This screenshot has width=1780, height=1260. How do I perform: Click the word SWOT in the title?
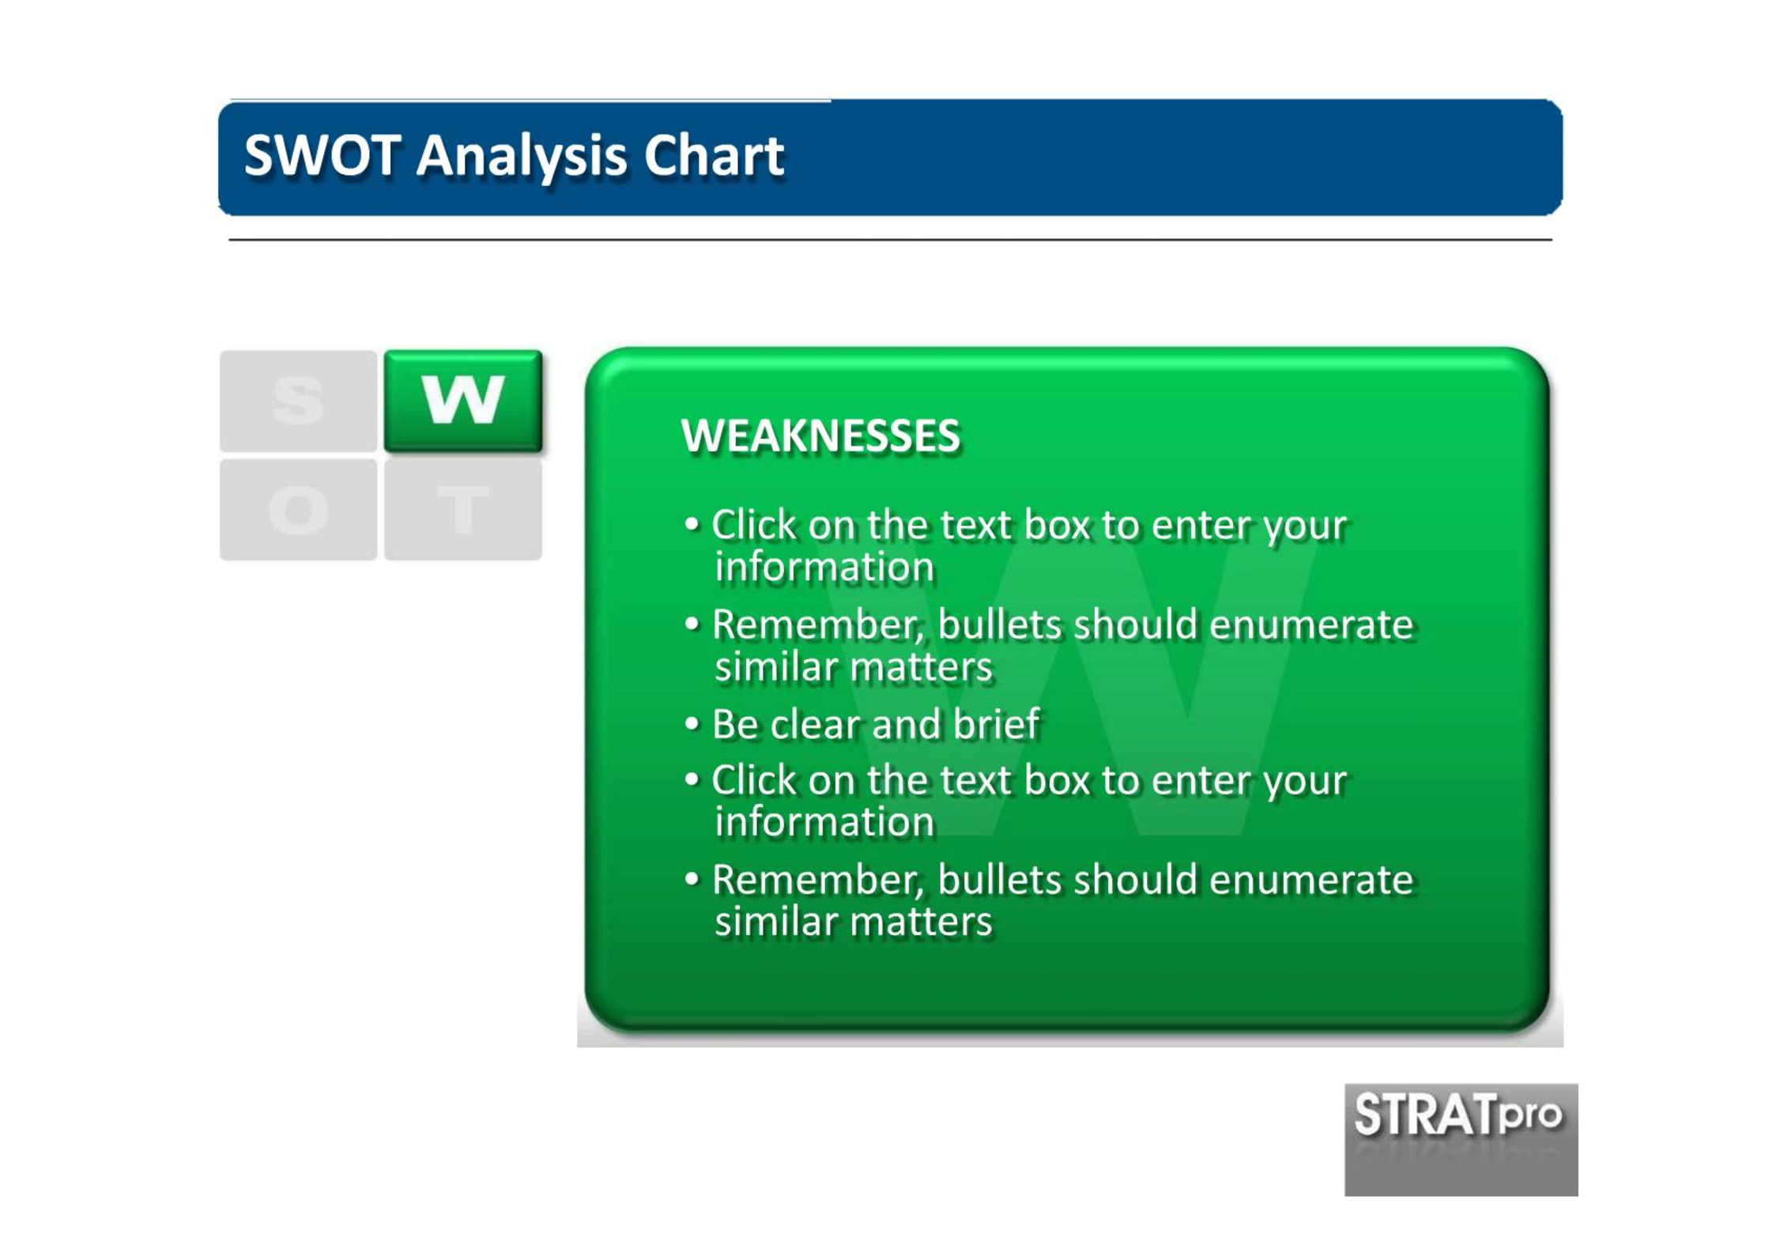click(x=322, y=155)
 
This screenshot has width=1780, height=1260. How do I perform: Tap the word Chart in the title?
click(x=714, y=155)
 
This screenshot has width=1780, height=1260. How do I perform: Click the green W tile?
click(x=463, y=401)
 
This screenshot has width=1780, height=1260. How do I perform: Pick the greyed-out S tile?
click(x=298, y=401)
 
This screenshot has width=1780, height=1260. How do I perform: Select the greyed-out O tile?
click(x=298, y=510)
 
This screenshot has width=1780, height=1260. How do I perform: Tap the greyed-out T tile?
click(x=463, y=510)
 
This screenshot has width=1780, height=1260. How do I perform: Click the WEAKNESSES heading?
click(x=820, y=436)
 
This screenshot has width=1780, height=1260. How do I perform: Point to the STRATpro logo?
click(x=1461, y=1139)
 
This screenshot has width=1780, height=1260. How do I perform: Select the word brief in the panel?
click(x=996, y=724)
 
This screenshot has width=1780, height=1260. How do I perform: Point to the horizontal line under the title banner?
click(x=890, y=240)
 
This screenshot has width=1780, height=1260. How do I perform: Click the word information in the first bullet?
click(x=824, y=567)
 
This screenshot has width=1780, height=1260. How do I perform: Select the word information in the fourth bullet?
click(x=824, y=822)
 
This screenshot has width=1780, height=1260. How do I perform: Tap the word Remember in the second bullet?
click(x=818, y=624)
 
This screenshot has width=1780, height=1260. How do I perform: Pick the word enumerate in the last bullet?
click(x=1310, y=880)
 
